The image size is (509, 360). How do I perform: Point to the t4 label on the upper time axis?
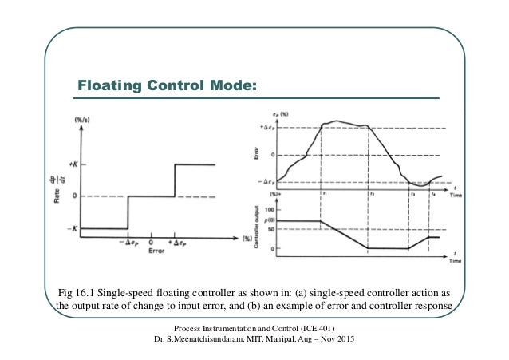(x=433, y=192)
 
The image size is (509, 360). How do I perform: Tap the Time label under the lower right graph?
(x=455, y=260)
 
